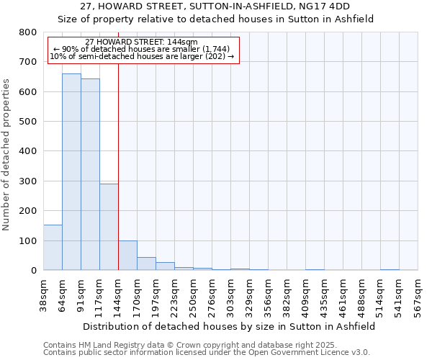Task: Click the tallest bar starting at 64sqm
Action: point(71,173)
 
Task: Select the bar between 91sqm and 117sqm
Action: point(90,175)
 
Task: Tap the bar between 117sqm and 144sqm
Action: point(109,227)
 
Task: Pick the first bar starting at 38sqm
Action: point(53,248)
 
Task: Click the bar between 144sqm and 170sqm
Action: point(127,256)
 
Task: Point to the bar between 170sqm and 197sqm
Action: point(146,264)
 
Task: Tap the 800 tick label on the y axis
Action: point(27,32)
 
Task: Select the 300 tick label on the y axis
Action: point(27,181)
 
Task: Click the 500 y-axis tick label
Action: point(27,122)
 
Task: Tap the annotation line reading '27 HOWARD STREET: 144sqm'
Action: point(141,42)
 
